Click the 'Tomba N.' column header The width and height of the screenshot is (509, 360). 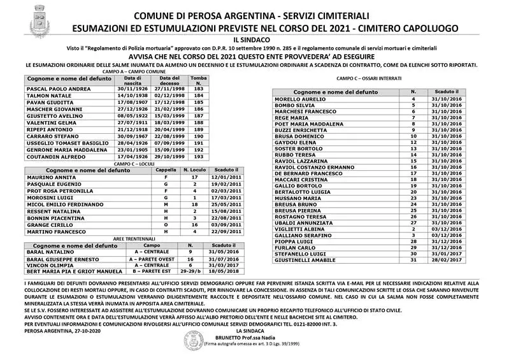(x=199, y=80)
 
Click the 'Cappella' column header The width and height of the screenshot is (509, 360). (x=166, y=171)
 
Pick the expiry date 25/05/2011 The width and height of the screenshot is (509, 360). (x=226, y=205)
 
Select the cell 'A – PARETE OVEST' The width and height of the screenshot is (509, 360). (x=152, y=259)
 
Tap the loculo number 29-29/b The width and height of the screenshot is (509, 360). (x=190, y=272)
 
